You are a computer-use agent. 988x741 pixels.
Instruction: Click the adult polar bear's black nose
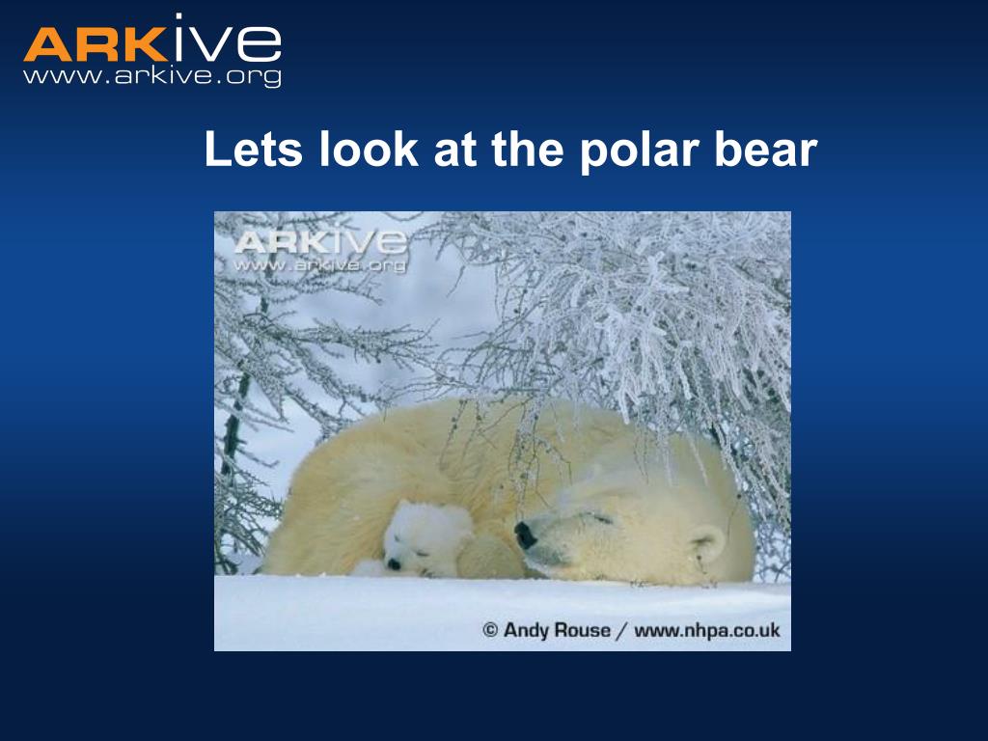(525, 535)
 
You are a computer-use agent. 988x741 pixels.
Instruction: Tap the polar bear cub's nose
(393, 564)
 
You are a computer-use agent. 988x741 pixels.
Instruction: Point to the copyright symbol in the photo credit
(490, 631)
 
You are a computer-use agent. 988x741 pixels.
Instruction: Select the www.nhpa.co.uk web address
(706, 631)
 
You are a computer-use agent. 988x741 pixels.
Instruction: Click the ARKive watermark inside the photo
(319, 249)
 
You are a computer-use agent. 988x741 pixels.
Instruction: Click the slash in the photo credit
(622, 631)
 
